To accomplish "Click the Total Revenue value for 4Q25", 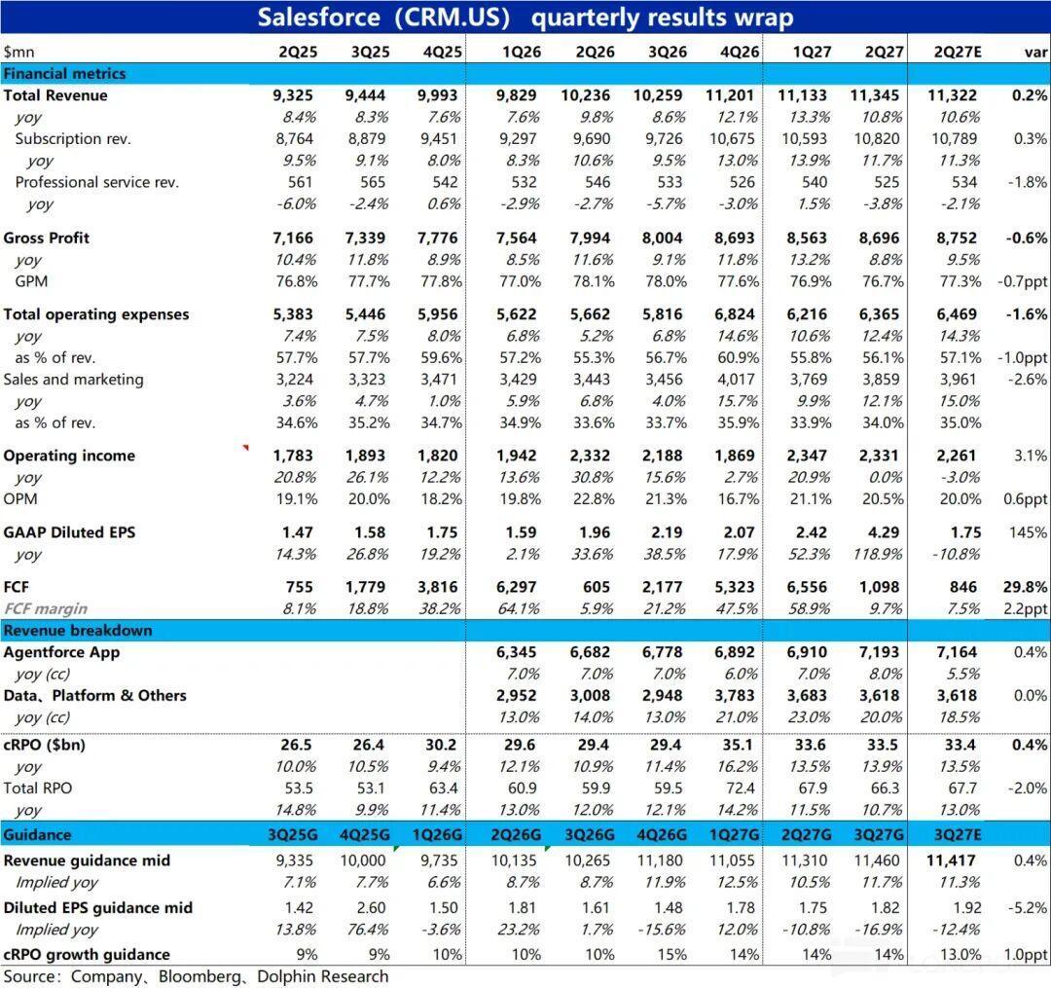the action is click(x=437, y=95).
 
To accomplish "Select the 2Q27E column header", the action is click(x=958, y=52).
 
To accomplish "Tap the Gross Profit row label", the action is click(x=47, y=238).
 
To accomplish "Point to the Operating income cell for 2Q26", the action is click(x=590, y=456).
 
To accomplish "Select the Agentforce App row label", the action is click(x=61, y=652).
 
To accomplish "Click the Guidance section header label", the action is click(x=37, y=834).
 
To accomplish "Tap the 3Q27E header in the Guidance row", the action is click(x=958, y=834).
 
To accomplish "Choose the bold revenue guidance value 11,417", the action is click(x=952, y=860).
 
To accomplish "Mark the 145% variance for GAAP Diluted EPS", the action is click(x=1029, y=532).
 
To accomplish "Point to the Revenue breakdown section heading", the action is click(x=78, y=630).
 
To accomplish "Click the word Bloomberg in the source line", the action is click(x=199, y=976).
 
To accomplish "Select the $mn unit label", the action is click(x=18, y=53).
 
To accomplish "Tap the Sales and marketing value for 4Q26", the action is click(x=736, y=380).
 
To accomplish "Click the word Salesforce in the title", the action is click(x=318, y=17).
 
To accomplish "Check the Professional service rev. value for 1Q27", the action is click(x=815, y=182).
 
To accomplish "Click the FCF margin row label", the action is click(x=46, y=608).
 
